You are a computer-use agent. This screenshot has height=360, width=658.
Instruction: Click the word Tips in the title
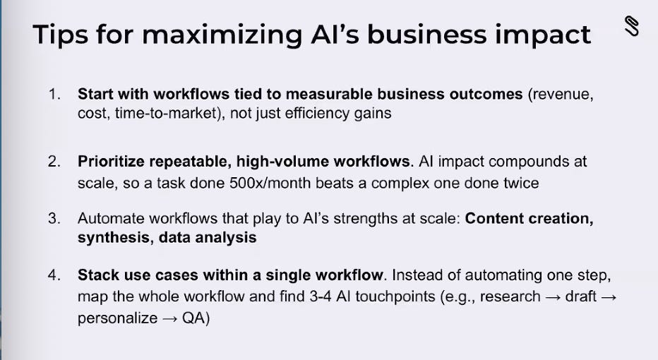click(63, 35)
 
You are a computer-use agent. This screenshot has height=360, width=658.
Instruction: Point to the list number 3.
click(54, 219)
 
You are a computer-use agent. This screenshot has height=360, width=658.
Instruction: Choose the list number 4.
click(54, 275)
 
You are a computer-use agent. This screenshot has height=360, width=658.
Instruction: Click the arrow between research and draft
click(553, 296)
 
